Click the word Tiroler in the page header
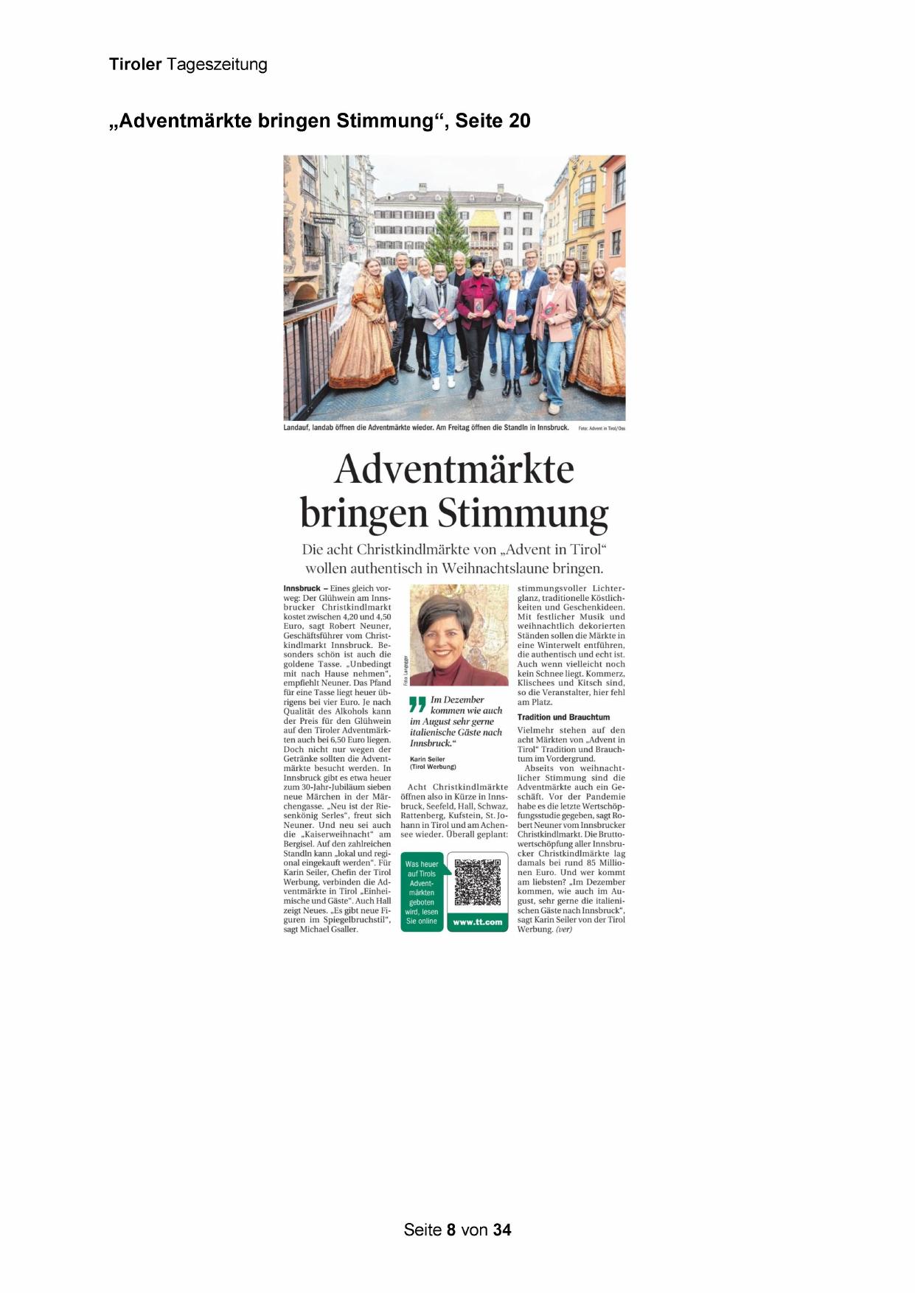[x=135, y=64]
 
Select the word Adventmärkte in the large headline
[x=453, y=469]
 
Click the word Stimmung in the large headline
[x=523, y=513]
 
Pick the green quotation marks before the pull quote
[x=417, y=703]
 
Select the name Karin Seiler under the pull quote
[x=427, y=759]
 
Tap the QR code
[x=477, y=882]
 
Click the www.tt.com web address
[x=477, y=921]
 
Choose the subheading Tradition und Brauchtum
[x=563, y=717]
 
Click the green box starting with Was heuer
[x=422, y=893]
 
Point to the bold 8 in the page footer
[x=451, y=1230]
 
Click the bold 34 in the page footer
[x=502, y=1230]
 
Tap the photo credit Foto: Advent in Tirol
[x=601, y=428]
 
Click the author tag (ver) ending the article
[x=564, y=930]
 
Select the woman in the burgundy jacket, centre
[x=476, y=310]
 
